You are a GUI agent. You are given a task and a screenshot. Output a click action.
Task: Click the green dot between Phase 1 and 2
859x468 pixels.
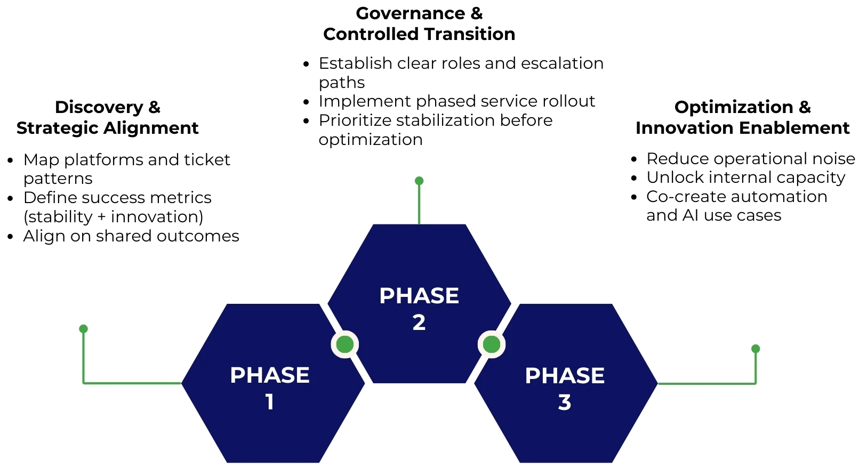(345, 344)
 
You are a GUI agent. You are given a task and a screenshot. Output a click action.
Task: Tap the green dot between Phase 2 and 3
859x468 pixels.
(491, 344)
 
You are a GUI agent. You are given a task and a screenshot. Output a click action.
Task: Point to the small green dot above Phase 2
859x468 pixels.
(419, 181)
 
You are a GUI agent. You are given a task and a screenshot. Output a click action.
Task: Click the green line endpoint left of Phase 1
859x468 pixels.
(83, 329)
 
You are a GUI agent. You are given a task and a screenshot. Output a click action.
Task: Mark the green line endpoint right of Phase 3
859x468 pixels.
(755, 349)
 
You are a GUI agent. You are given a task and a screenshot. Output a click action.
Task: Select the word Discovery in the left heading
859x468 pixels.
(99, 107)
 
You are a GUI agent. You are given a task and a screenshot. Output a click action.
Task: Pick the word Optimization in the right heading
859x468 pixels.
(734, 107)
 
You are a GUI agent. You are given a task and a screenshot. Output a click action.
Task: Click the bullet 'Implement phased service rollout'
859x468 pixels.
(456, 101)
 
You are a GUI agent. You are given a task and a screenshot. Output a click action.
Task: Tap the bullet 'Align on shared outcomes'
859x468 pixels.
(131, 236)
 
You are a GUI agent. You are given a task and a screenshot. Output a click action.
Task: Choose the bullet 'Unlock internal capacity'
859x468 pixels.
(745, 177)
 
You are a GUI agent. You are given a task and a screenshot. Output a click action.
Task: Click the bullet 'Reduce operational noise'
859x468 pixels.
(750, 159)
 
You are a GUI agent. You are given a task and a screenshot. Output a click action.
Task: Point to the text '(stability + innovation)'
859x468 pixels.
(113, 217)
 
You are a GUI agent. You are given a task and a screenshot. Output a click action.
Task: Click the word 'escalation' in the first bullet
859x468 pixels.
(562, 63)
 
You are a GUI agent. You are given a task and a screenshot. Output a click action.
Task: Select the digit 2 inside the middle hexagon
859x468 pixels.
(419, 322)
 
